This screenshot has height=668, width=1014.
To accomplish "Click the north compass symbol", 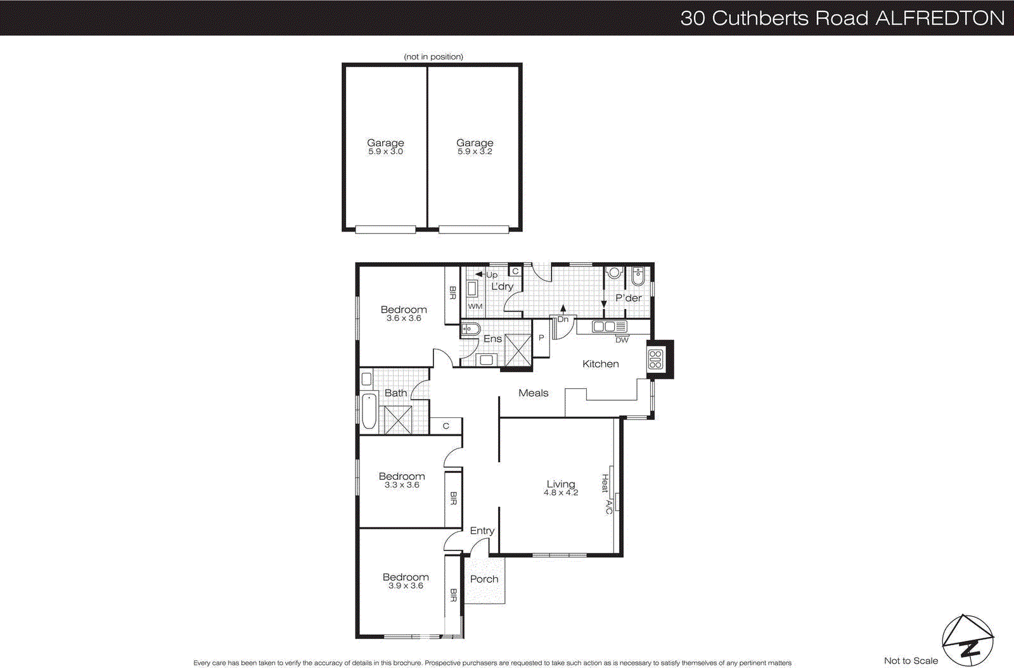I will pos(967,640).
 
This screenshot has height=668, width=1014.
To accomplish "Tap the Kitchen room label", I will pos(600,364).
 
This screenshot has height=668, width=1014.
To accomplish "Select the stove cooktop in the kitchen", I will pos(655,360).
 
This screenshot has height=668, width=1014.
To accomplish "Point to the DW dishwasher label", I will pos(622,340).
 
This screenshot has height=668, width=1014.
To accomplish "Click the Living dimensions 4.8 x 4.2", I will pos(561,493).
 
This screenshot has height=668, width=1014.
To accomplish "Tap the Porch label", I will pos(484,579).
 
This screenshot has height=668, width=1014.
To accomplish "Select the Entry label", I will pos(482,531).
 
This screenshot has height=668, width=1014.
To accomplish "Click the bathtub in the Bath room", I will pos(369,412).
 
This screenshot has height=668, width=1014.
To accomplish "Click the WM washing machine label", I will pos(475,306).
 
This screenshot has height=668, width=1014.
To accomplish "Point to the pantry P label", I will pos(541,338).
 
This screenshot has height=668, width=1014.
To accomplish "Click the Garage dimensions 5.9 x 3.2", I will pos(475,152).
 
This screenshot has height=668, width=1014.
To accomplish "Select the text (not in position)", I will pos(433,56).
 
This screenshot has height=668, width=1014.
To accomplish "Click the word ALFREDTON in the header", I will pos(940,18).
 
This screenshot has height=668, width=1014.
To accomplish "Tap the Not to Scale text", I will pos(911,660).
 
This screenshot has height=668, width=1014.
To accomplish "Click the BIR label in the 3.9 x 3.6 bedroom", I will pos(453,595).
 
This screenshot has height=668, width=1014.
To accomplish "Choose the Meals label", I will pos(533,393).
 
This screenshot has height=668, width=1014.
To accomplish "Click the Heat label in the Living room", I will pos(605,483).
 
